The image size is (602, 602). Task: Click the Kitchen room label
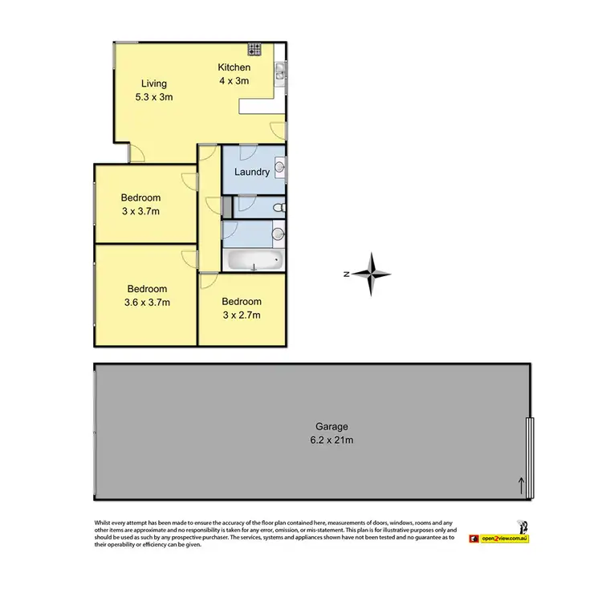click(x=234, y=67)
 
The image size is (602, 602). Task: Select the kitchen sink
click(x=279, y=74)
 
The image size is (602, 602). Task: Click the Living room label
click(x=153, y=83)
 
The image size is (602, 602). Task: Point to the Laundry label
click(x=252, y=172)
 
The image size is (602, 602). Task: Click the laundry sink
click(x=279, y=168)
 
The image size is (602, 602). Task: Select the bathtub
click(x=253, y=261)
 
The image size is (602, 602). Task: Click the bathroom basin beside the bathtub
click(x=278, y=234)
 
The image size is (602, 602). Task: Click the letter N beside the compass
click(x=345, y=275)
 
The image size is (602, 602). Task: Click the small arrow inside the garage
click(x=521, y=484)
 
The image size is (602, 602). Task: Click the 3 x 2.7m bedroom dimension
click(x=241, y=315)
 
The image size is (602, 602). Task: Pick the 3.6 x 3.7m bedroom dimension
click(x=147, y=302)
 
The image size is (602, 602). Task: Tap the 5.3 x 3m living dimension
click(x=153, y=96)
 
